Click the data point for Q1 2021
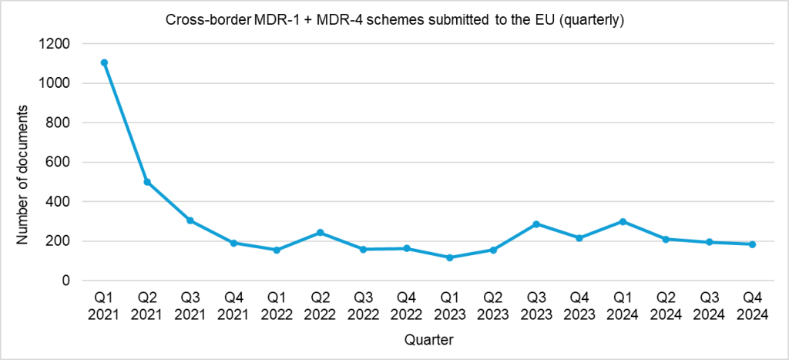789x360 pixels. (104, 63)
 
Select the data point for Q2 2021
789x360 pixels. (147, 182)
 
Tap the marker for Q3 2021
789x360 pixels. (190, 220)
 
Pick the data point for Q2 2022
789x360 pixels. (320, 233)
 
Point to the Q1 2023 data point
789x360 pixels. (449, 257)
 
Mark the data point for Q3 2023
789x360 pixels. (536, 224)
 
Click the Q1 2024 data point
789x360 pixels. (623, 221)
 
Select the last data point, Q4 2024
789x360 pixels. (752, 244)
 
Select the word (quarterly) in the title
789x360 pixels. (595, 19)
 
